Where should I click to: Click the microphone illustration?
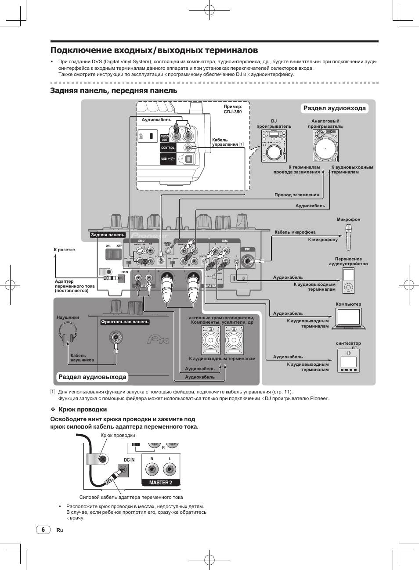coord(348,236)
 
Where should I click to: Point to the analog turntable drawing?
coord(325,146)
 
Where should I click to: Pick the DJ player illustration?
coord(274,146)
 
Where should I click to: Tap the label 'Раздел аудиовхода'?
coord(334,108)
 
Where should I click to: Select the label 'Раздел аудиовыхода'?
coord(92,377)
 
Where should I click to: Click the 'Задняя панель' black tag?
coord(108,235)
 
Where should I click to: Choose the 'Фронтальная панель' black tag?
coord(125,322)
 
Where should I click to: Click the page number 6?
coord(43,530)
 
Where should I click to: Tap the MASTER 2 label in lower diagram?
coord(160,482)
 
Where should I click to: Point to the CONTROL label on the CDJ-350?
coord(168,148)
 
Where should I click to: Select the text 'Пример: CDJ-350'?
coord(233,109)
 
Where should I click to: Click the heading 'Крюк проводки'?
coord(83,409)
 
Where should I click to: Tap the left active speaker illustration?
coord(210,339)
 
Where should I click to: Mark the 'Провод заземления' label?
coord(296,195)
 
